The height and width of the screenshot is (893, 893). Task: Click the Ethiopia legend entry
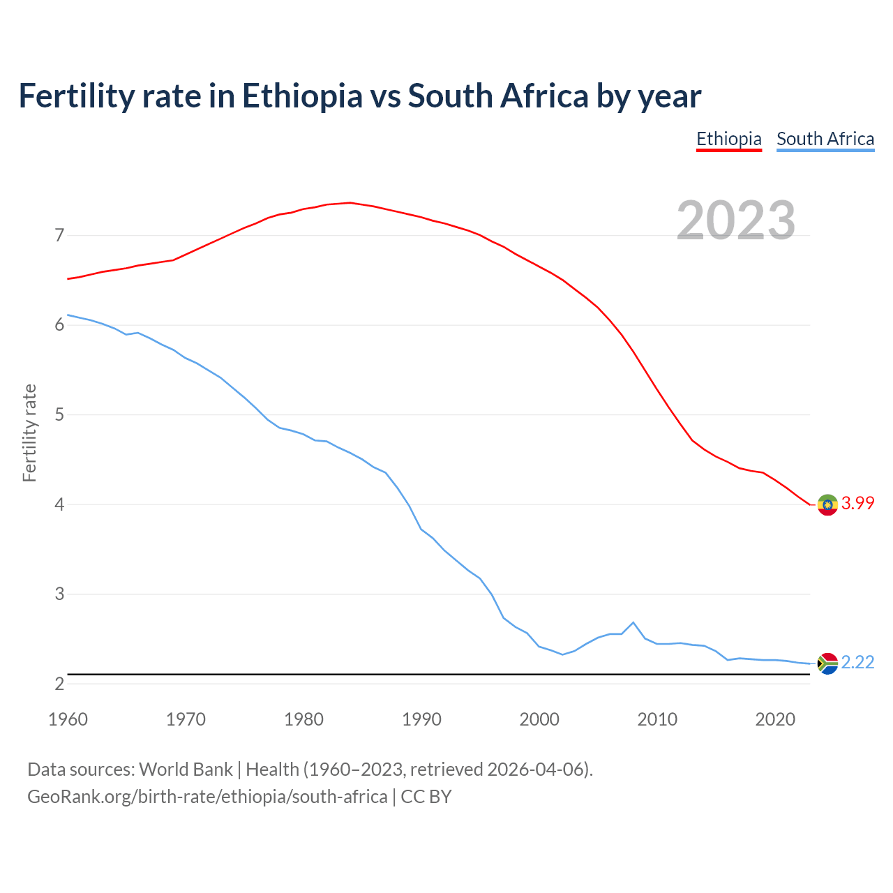click(x=728, y=139)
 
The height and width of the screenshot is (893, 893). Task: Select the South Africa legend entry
click(x=825, y=139)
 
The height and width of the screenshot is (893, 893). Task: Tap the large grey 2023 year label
click(x=736, y=220)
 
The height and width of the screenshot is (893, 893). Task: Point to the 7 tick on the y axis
click(x=59, y=236)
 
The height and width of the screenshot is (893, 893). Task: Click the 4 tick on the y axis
click(x=59, y=504)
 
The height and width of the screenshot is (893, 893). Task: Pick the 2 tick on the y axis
click(x=59, y=684)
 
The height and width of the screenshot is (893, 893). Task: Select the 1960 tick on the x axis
click(x=68, y=719)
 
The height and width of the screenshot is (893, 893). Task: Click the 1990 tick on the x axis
click(x=421, y=719)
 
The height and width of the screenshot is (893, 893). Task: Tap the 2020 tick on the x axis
click(x=775, y=719)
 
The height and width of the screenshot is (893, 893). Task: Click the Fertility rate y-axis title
click(x=29, y=433)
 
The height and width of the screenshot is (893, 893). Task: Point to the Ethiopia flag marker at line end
click(x=827, y=504)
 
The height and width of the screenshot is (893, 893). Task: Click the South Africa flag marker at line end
click(x=827, y=663)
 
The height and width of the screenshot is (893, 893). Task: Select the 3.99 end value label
click(x=857, y=504)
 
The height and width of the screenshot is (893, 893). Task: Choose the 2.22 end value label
click(x=857, y=663)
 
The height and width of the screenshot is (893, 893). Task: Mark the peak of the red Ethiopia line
click(x=350, y=203)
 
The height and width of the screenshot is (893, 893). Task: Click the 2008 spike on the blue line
click(x=633, y=622)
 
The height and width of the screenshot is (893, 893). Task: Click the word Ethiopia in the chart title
click(x=302, y=96)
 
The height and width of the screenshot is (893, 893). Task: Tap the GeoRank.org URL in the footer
click(x=207, y=797)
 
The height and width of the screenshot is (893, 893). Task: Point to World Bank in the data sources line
click(x=186, y=770)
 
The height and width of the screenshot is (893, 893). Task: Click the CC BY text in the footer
click(x=426, y=797)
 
